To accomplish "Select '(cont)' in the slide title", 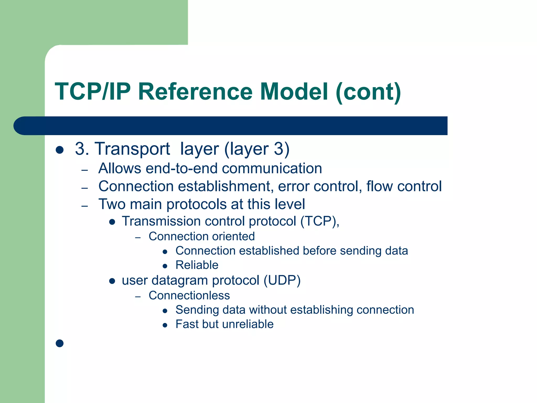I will (x=368, y=92).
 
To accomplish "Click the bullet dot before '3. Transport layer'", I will (x=60, y=150).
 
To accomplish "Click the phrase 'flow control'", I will (x=404, y=186).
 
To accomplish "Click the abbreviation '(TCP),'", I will (x=320, y=221).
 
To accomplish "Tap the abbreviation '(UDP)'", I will (x=282, y=280).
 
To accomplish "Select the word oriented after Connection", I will (x=233, y=236).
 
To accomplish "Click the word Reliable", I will (x=197, y=265).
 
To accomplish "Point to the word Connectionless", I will (x=189, y=295).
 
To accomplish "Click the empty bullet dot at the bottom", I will (x=60, y=343).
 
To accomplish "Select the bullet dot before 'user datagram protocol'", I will (x=112, y=281).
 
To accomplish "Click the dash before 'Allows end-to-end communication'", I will (x=84, y=171).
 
